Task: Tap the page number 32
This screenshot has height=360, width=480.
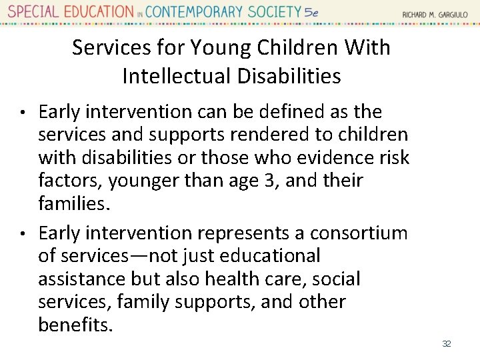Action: pyautogui.click(x=446, y=344)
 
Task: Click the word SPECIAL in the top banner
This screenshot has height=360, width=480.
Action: pyautogui.click(x=32, y=12)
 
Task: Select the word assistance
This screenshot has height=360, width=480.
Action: pyautogui.click(x=80, y=279)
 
